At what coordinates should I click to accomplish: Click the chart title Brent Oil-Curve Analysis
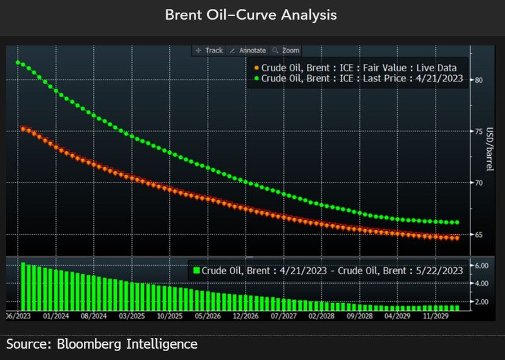pos(251,15)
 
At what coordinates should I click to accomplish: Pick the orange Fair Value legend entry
pos(355,68)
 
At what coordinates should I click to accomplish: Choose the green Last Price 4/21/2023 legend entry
pos(358,78)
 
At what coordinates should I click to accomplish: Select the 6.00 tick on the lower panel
pos(481,266)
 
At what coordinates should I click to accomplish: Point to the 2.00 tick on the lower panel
pos(481,302)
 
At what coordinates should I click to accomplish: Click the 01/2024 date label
pos(55,316)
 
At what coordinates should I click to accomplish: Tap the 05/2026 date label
pos(208,316)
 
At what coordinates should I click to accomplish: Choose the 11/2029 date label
pos(436,316)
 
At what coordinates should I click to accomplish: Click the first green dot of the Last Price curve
pos(18,63)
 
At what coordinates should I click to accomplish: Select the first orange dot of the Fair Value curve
pos(23,129)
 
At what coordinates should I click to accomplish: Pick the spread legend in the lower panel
pos(328,270)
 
